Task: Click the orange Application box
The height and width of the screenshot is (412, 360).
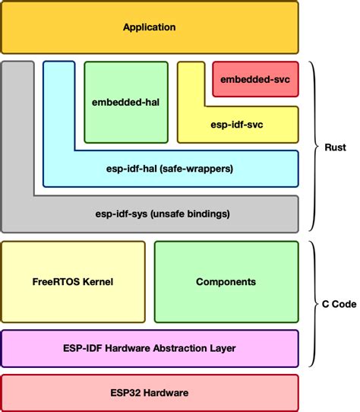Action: point(150,27)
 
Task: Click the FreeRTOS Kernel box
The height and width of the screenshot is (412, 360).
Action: point(74,281)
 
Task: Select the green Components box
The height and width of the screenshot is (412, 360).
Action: point(226,281)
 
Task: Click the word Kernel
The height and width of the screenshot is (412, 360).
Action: point(96,281)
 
